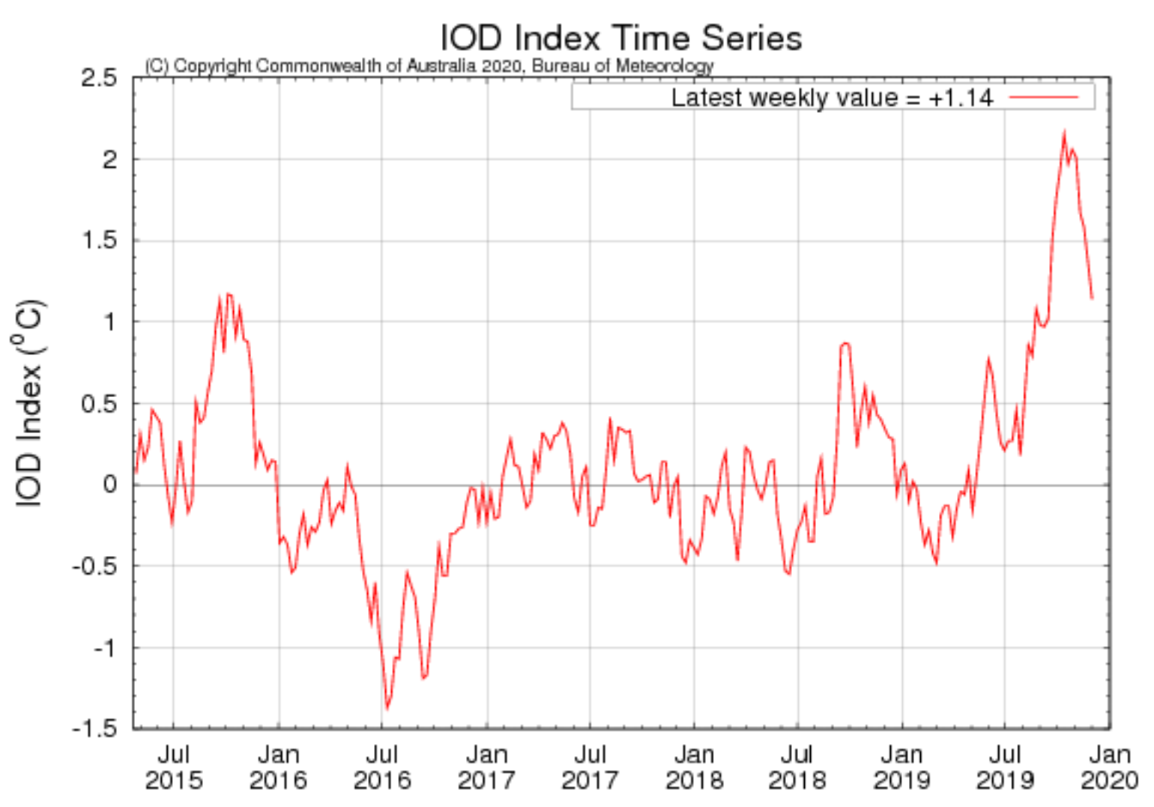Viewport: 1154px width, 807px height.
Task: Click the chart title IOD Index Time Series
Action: pyautogui.click(x=620, y=37)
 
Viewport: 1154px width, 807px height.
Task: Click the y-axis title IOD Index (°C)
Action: pyautogui.click(x=28, y=405)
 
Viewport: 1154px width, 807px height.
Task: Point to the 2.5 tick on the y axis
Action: pyautogui.click(x=100, y=78)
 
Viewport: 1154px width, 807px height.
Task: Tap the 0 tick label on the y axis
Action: pyautogui.click(x=110, y=485)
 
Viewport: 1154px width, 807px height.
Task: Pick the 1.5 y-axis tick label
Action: pyautogui.click(x=100, y=241)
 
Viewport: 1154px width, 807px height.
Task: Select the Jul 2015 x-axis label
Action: pyautogui.click(x=173, y=767)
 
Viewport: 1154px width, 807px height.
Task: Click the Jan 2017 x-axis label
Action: pyautogui.click(x=486, y=767)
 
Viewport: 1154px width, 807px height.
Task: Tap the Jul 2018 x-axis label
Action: pyautogui.click(x=797, y=767)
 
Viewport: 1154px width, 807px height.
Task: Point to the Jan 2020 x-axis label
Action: pyautogui.click(x=1109, y=767)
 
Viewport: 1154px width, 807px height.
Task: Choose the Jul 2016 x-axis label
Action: pyautogui.click(x=382, y=767)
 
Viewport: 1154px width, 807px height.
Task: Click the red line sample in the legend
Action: pyautogui.click(x=1043, y=97)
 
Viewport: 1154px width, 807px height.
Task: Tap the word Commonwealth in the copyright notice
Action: pyautogui.click(x=319, y=66)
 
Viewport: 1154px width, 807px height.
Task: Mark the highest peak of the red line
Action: pyautogui.click(x=1063, y=133)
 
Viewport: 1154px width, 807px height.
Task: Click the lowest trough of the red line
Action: pyautogui.click(x=387, y=708)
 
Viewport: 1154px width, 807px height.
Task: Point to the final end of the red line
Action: pyautogui.click(x=1092, y=298)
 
